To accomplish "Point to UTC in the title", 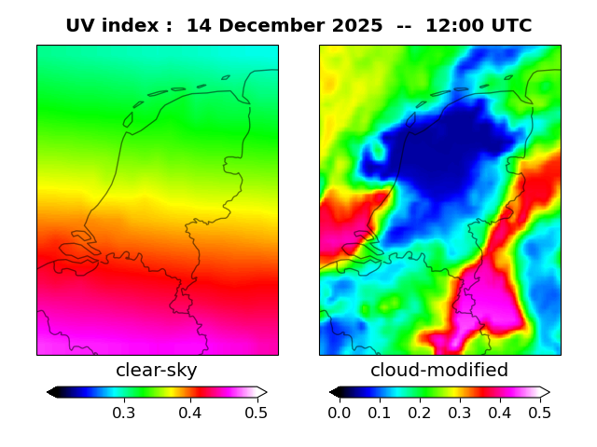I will tap(511, 26).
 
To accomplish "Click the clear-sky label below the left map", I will tap(157, 371).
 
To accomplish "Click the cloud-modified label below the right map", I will tap(439, 371).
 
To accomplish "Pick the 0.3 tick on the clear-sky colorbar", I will tap(123, 413).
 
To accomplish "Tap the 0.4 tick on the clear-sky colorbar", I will tap(190, 413).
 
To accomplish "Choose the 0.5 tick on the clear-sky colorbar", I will tap(257, 413).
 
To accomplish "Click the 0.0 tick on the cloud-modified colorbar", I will tap(340, 413).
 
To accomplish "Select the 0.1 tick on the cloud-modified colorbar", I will tap(380, 413).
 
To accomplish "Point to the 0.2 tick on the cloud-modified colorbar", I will tap(420, 413).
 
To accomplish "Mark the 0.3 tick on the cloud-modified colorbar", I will tap(460, 413).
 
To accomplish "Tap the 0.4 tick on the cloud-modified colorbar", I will tap(500, 413).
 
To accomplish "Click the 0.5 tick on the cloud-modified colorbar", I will tap(539, 413).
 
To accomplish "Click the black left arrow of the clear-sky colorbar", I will tap(52, 392).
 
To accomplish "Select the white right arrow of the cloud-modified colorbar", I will tap(545, 392).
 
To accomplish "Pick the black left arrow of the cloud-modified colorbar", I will tap(334, 392).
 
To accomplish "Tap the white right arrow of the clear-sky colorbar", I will tap(262, 392).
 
